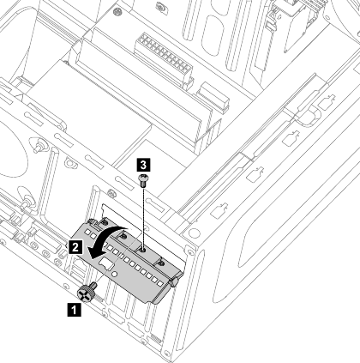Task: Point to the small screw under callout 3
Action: tap(143, 179)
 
